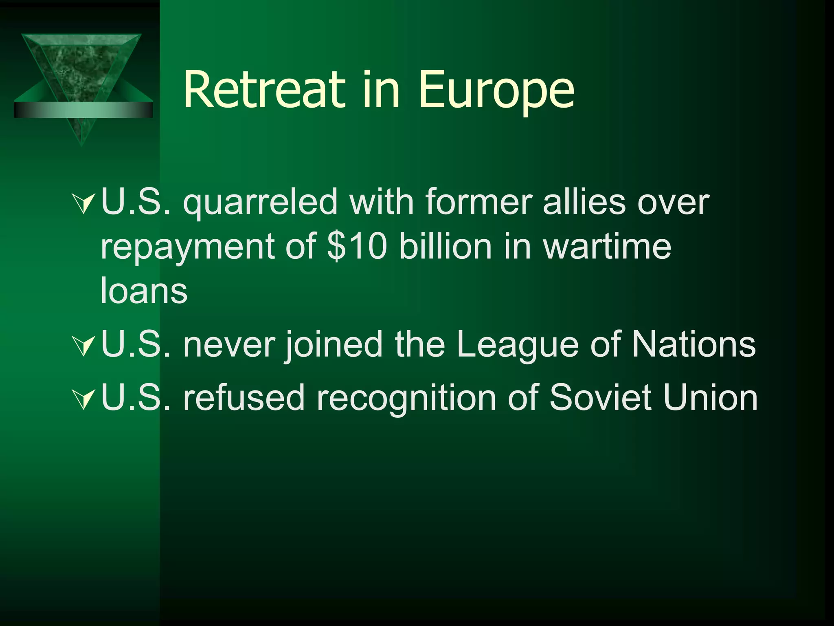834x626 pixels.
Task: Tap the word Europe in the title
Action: click(496, 92)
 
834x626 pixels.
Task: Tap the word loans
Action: click(144, 290)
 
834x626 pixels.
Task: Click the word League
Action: click(517, 345)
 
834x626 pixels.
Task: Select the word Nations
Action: click(694, 344)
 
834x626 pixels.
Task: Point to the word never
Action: click(229, 345)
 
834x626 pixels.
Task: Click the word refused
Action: click(244, 397)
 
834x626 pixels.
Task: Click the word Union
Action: click(710, 397)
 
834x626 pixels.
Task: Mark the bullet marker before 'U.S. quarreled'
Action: click(83, 204)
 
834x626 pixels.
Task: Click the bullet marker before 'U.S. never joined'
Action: click(83, 346)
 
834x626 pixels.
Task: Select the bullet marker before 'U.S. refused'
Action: click(83, 399)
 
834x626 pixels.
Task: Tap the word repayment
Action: click(187, 248)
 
